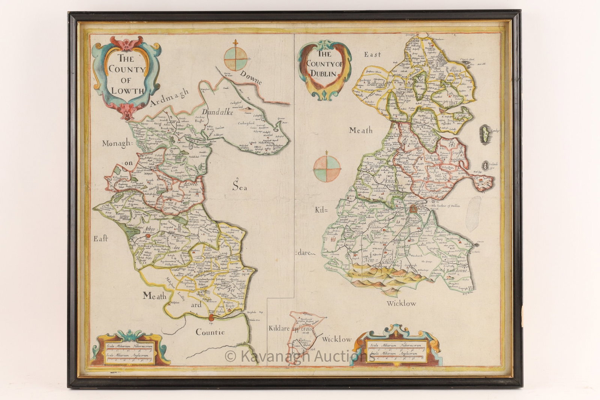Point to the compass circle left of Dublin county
click(327, 170)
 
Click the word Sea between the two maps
click(239, 186)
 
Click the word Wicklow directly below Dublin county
click(401, 303)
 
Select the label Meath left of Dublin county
click(361, 130)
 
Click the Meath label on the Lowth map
click(154, 296)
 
